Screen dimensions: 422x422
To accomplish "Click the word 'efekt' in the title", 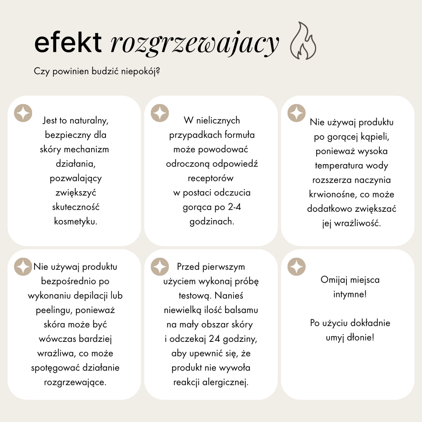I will pos(68,42).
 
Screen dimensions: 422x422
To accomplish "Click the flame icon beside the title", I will pos(303,41).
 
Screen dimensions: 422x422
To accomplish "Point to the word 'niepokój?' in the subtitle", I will pos(140,71).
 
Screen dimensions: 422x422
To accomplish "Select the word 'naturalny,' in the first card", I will pos(89,120).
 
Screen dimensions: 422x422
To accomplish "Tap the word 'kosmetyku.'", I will pos(76,221).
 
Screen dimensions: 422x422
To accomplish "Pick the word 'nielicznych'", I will pos(218,120).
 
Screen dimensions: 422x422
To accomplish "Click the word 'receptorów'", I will pos(211,178).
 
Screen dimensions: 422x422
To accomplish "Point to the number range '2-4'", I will pos(234,207).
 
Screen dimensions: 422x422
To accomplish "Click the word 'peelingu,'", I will pos(54,310).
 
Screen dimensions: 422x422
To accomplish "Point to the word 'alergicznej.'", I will pos(225,382).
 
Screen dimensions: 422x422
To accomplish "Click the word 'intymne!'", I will pos(350,295).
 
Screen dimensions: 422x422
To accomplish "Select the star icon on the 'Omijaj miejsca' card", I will pos(297,267).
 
